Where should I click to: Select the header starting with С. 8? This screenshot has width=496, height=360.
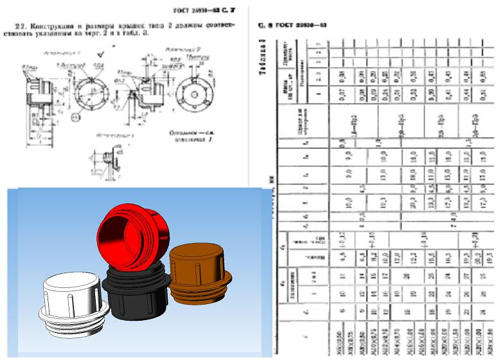tap(293, 26)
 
